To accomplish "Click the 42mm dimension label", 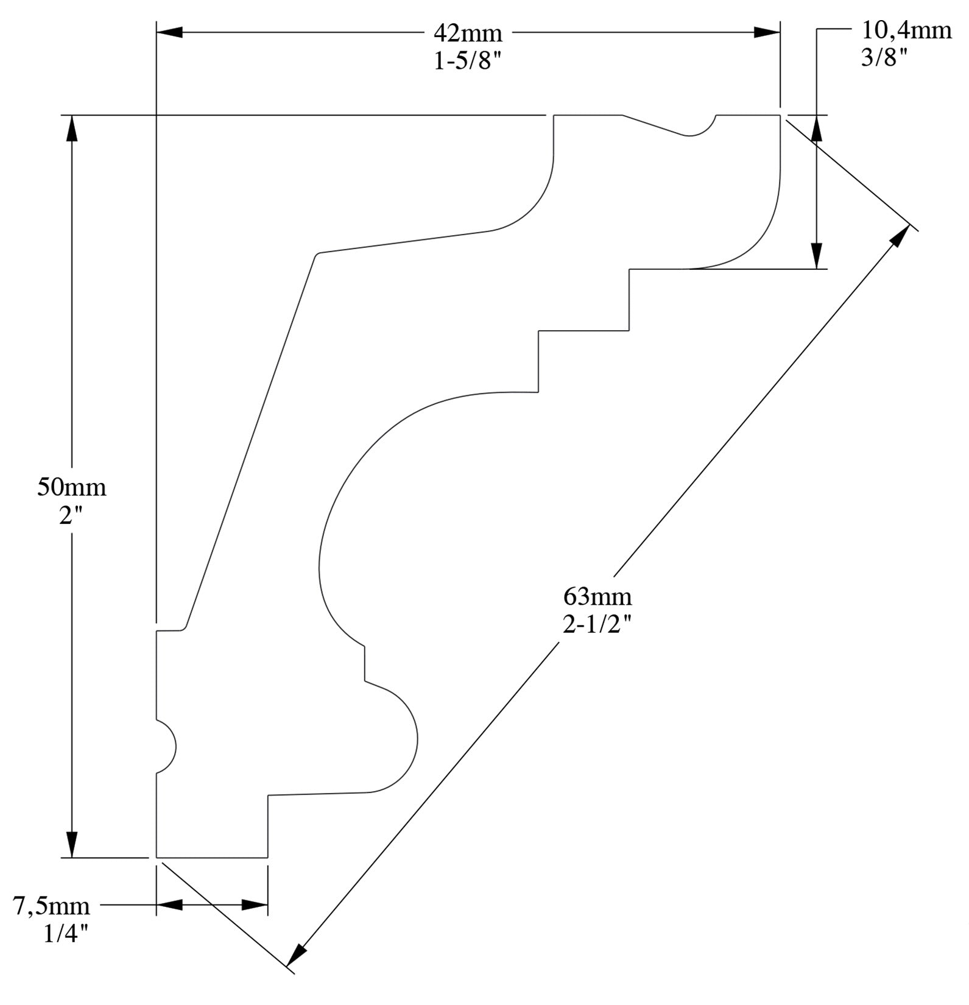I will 467,33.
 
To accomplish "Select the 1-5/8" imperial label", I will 467,62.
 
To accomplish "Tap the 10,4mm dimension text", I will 906,30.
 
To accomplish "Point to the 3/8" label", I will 884,58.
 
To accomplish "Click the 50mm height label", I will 72,487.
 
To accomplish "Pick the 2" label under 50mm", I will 71,516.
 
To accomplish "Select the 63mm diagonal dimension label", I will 597,596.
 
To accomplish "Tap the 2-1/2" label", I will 597,624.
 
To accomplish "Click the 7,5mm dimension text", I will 52,906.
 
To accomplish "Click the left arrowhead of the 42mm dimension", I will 170,32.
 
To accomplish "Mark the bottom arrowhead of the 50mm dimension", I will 72,844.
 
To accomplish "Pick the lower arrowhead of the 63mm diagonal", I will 296,954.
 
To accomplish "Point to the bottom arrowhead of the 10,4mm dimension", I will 817,256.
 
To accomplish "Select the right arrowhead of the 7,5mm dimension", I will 255,905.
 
